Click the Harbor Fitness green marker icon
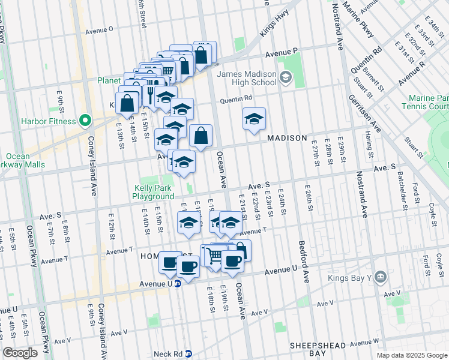85,121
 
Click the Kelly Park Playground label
153,192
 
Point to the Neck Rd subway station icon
188,354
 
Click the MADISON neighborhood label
287,138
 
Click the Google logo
20,353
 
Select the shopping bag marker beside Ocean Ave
201,136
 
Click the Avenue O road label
99,29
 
